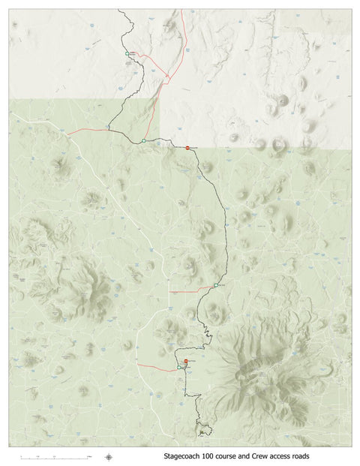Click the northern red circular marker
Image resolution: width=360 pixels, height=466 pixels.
point(187,148)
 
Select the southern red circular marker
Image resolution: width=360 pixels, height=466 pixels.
point(185,362)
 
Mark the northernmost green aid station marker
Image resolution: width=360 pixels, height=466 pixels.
point(127,53)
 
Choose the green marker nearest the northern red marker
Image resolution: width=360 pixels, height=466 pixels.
point(142,141)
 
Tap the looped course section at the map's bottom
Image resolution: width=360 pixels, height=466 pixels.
point(204,428)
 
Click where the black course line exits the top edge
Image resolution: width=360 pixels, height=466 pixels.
point(120,11)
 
